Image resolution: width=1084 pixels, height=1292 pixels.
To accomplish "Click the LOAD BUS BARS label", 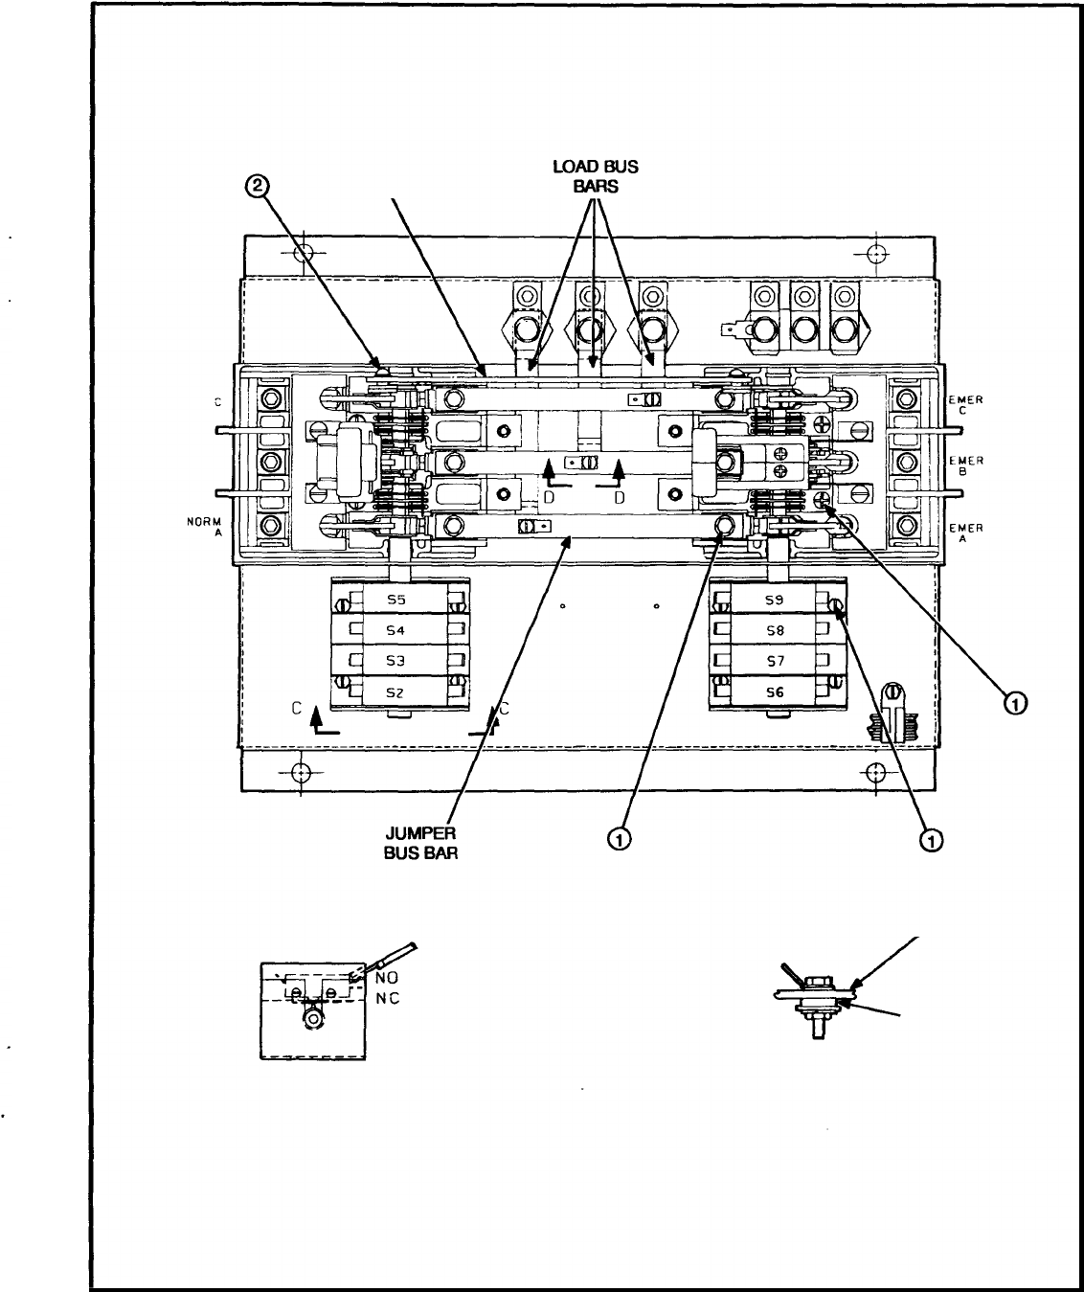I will click(595, 176).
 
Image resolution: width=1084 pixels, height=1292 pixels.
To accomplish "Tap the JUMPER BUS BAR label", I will click(420, 843).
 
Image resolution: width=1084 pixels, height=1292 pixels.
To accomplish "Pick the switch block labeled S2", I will click(396, 691).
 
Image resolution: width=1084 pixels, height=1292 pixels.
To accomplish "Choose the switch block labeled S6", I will click(776, 691).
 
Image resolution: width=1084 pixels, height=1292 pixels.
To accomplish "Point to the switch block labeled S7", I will click(776, 662).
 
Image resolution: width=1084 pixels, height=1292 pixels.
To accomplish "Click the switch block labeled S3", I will click(396, 662).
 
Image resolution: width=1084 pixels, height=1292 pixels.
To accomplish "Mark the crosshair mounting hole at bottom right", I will click(874, 771).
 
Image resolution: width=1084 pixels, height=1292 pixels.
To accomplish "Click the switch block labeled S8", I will click(776, 631).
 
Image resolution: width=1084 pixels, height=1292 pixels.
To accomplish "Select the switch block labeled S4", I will click(396, 631).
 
